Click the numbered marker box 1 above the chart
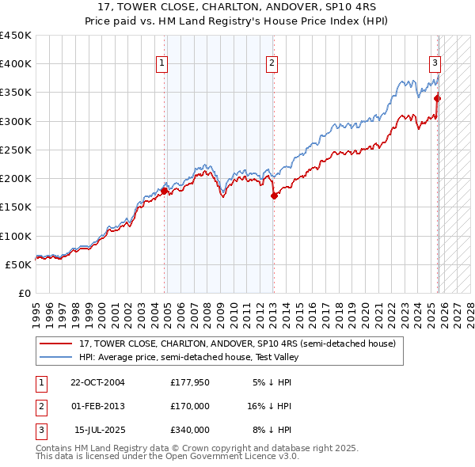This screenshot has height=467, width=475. (161, 64)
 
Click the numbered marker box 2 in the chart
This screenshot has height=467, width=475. (272, 64)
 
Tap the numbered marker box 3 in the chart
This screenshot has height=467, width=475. (435, 64)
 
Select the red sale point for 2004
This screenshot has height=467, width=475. (165, 191)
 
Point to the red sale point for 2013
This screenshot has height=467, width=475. (274, 196)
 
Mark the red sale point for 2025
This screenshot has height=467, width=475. (438, 98)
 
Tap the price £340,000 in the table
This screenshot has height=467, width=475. (190, 430)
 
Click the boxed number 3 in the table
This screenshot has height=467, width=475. (40, 430)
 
